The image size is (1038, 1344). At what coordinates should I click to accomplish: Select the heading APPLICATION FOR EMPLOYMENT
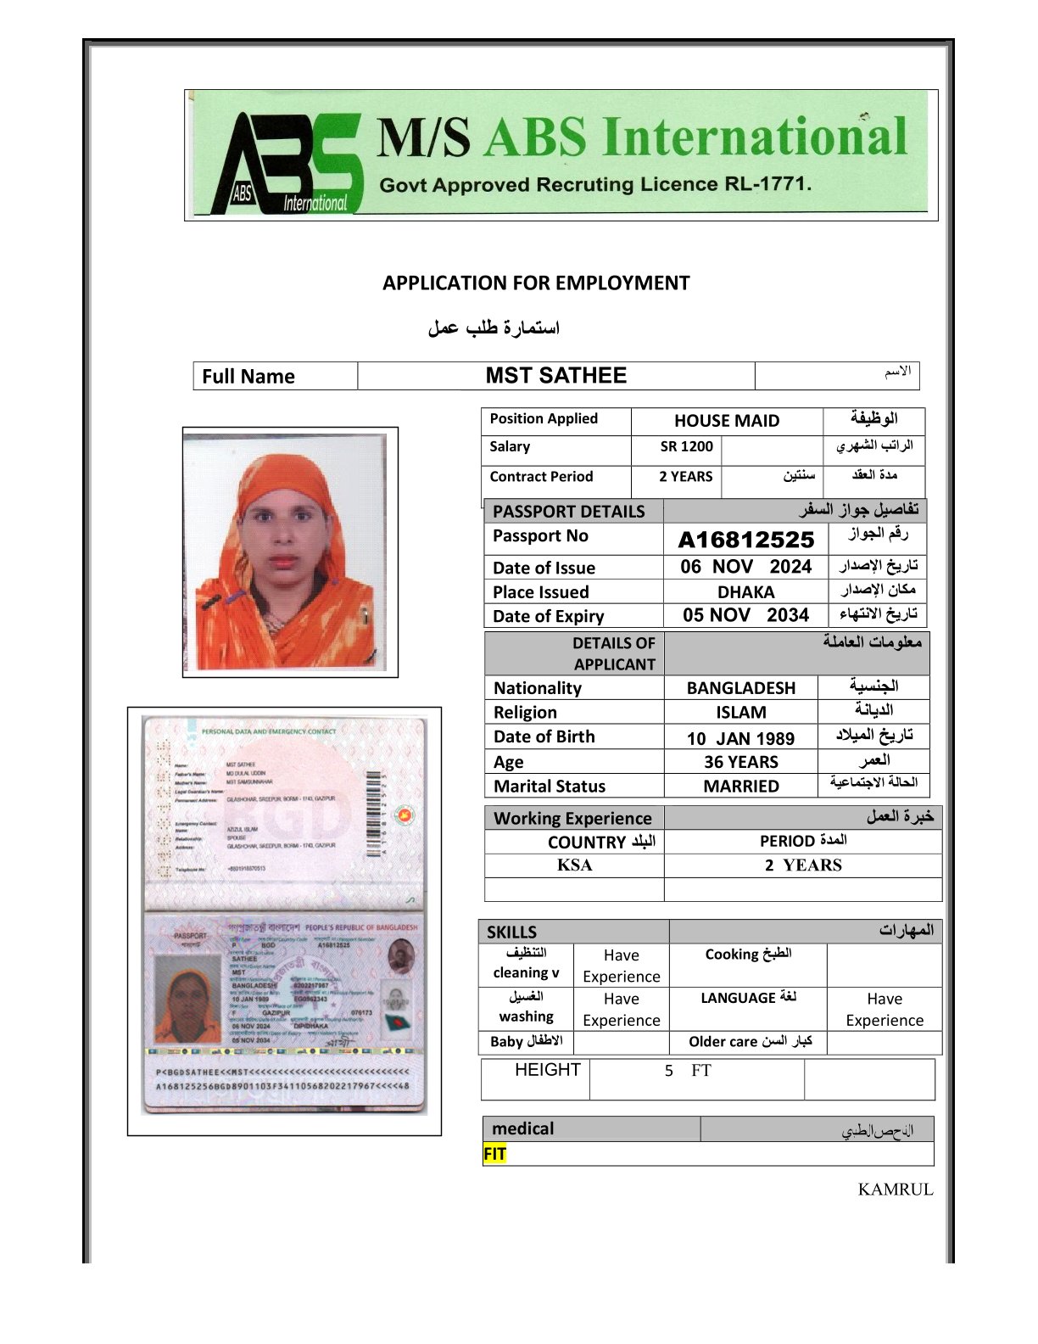pos(536,283)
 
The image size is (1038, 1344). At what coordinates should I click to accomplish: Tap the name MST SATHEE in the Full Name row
pos(555,376)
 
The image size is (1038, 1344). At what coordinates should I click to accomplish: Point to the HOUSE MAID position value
pos(726,421)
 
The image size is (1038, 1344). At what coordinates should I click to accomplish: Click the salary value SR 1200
pos(686,446)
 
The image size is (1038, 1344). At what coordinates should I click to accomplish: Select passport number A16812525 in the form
pos(745,540)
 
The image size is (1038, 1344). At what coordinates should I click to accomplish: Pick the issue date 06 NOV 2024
pos(745,567)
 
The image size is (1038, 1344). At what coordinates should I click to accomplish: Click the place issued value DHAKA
pos(745,592)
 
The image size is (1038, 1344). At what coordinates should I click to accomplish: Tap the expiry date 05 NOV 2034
pos(745,615)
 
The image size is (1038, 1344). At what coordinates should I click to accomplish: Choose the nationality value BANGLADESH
pos(740,688)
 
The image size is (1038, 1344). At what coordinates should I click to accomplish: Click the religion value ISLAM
pos(740,713)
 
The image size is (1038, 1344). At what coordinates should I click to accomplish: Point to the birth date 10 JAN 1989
pos(740,738)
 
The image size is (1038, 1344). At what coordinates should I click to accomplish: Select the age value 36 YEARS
pos(740,762)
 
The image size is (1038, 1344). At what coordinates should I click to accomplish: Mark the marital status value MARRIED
pos(740,787)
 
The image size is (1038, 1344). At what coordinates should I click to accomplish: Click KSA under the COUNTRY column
pos(574,865)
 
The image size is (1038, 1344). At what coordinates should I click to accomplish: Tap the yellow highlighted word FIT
pos(494,1154)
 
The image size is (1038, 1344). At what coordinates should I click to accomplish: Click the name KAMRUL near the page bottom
pos(895,1190)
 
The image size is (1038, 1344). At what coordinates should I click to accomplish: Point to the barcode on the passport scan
pos(373,815)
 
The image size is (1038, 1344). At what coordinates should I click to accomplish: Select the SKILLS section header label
pos(511,932)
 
